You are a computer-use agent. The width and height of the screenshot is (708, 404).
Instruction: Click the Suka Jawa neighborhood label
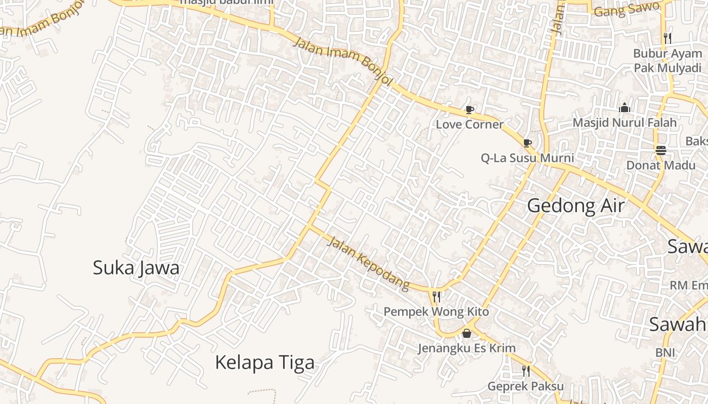pos(136,268)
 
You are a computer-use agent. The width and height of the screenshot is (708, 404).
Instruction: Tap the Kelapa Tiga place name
pos(264,362)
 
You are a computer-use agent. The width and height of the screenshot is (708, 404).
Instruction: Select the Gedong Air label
pos(576,206)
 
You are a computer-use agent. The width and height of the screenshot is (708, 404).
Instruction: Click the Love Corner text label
pos(470,124)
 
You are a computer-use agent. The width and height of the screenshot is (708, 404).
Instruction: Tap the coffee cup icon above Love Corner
pos(470,110)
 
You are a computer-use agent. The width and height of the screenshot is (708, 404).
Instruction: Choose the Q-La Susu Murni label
pos(527,158)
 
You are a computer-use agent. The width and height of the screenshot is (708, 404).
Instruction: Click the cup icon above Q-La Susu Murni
pos(527,143)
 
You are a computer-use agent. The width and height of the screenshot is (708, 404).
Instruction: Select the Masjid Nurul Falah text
pos(625,123)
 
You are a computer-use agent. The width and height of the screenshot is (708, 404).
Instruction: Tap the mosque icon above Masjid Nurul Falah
pos(625,108)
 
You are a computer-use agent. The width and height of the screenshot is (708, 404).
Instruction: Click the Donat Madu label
pos(660,165)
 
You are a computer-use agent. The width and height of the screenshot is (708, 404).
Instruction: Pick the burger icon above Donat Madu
pos(660,150)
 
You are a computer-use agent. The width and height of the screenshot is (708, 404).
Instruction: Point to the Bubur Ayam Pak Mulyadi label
pos(668,61)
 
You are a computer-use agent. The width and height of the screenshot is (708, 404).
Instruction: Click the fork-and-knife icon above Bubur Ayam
pos(668,38)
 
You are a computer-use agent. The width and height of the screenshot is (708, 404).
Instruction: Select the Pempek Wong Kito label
pos(436,312)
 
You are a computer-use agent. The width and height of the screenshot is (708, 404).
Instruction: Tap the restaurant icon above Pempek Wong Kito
pos(436,296)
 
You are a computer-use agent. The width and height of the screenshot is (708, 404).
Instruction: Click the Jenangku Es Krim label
pos(466,348)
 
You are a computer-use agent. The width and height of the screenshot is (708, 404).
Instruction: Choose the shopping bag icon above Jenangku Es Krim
pos(466,333)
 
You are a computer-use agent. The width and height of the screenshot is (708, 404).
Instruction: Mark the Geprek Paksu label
pos(525,386)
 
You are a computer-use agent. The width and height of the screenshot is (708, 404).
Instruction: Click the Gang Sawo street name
pos(627,9)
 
